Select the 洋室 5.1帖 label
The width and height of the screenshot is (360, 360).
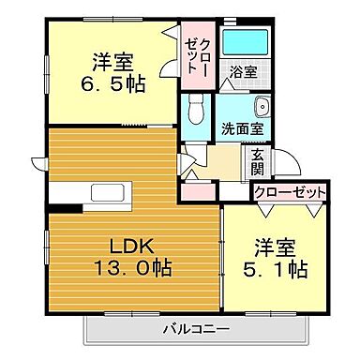(x=278, y=259)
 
